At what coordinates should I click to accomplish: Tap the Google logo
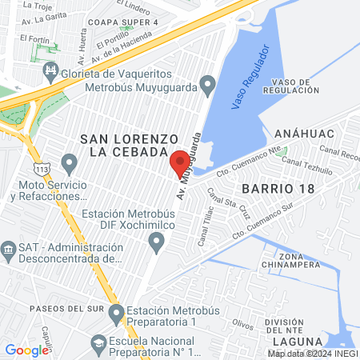pyautogui.click(x=26, y=350)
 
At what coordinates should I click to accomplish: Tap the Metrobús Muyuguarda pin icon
pyautogui.click(x=208, y=84)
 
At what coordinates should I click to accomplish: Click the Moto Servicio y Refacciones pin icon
pyautogui.click(x=69, y=166)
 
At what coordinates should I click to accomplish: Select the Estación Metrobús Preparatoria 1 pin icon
pyautogui.click(x=116, y=312)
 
